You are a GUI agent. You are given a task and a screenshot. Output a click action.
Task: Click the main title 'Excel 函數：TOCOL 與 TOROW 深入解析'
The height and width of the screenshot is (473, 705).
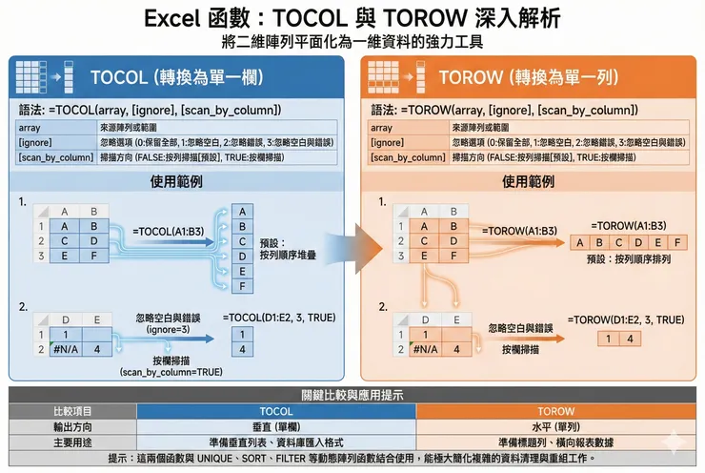point(352,18)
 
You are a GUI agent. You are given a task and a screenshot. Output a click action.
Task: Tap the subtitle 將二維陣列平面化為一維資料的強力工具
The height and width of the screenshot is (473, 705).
point(352,41)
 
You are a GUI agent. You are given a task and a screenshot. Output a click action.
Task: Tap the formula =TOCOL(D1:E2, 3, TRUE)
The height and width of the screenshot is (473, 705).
point(279,318)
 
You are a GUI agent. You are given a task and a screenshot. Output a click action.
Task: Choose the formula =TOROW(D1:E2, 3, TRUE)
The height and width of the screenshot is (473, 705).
point(626,319)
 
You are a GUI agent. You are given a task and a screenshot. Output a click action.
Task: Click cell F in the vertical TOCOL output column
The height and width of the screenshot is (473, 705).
point(244,286)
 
